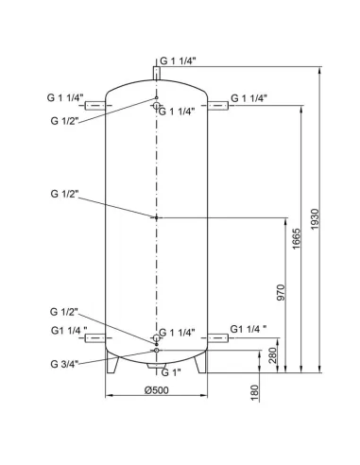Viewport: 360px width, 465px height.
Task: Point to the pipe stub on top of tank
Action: click(157, 73)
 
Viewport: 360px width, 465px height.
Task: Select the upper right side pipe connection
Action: click(217, 98)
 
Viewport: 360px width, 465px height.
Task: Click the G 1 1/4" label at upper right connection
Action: click(249, 98)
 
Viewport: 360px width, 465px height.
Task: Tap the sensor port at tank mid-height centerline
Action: click(157, 217)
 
